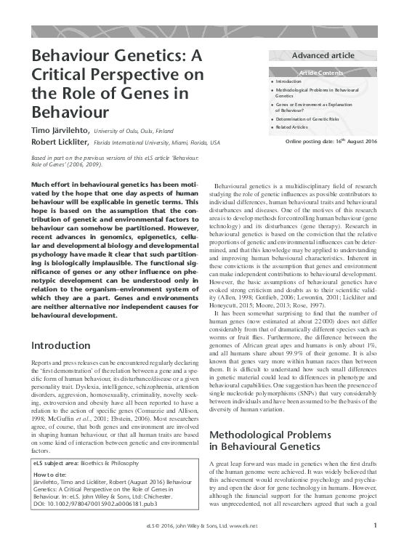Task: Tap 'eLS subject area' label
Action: [56, 462]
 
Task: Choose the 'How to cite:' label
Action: [50, 474]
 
